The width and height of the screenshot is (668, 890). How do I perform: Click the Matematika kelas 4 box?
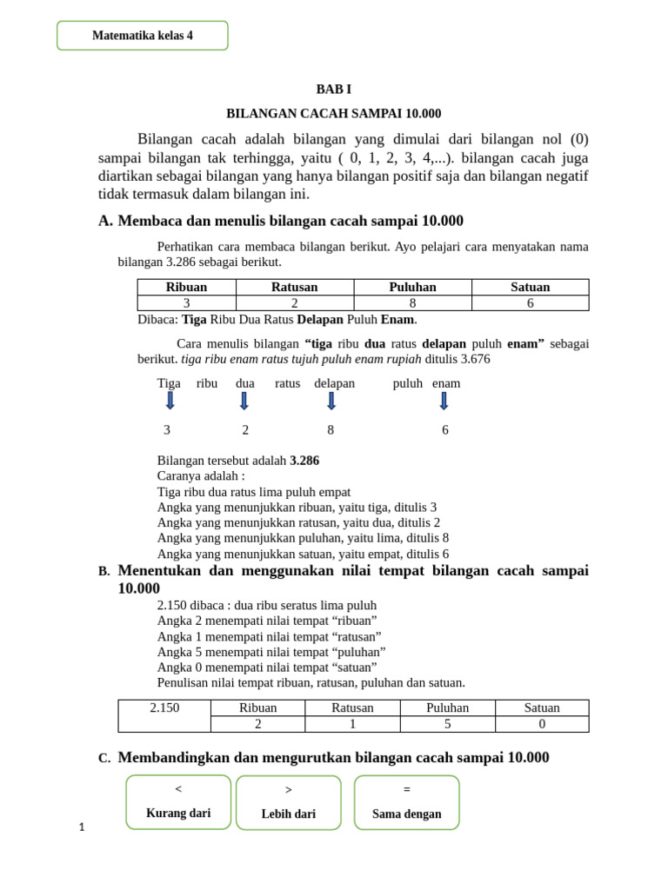click(x=143, y=36)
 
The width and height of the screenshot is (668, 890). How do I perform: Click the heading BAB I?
click(x=333, y=90)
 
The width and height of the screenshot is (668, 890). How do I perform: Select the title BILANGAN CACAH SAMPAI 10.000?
click(x=334, y=113)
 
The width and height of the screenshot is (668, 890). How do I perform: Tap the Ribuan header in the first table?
click(x=186, y=287)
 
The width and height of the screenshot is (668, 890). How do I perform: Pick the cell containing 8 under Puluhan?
click(x=413, y=303)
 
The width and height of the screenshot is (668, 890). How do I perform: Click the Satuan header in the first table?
click(x=530, y=287)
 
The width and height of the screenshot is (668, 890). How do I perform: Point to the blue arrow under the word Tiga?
click(x=170, y=401)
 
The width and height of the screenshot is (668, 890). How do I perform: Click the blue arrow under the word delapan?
click(x=331, y=401)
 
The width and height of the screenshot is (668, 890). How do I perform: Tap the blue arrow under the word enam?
click(x=444, y=401)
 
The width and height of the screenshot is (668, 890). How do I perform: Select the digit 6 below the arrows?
click(x=445, y=430)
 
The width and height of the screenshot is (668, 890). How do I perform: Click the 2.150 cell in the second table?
click(x=164, y=707)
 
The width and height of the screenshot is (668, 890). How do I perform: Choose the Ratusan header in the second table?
click(x=352, y=707)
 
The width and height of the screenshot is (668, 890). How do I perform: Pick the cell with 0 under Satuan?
click(x=542, y=724)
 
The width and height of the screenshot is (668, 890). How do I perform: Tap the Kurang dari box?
click(x=178, y=802)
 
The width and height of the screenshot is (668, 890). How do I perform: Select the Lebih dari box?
click(x=288, y=802)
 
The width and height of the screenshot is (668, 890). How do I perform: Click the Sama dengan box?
click(x=406, y=802)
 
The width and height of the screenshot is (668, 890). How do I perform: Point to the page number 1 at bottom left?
click(x=82, y=827)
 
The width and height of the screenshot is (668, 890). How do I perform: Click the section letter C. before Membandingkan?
click(x=104, y=759)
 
